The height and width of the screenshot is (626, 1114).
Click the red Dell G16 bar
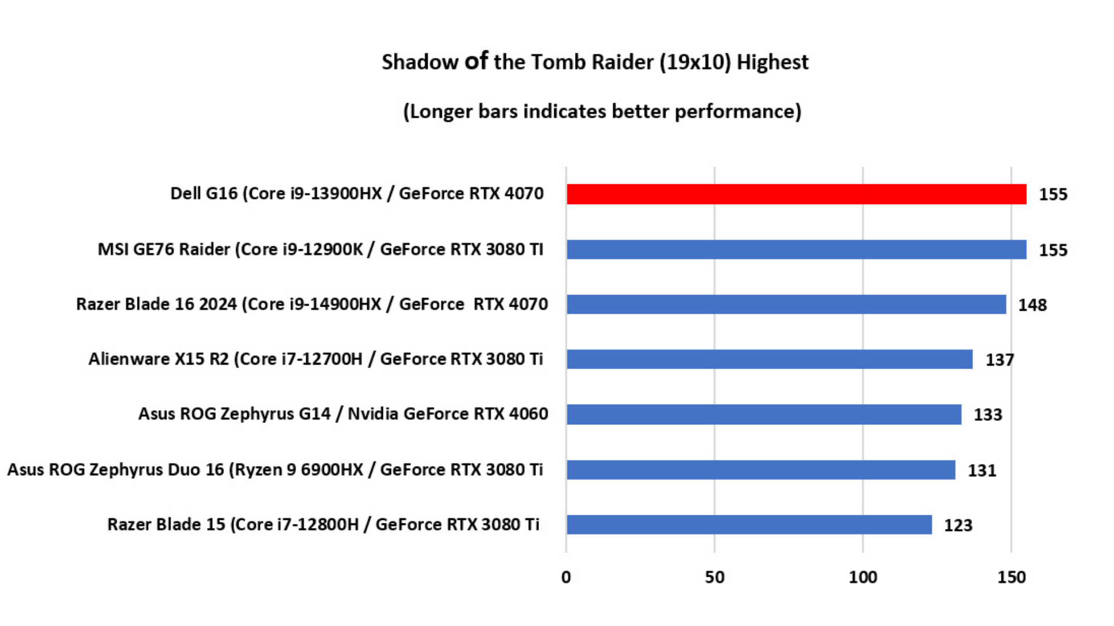pos(796,194)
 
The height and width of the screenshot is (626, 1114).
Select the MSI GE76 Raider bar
pos(796,249)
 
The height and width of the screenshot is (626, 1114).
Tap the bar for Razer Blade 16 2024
pos(786,304)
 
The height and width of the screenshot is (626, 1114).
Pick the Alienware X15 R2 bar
pos(769,359)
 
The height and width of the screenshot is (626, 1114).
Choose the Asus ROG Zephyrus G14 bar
pos(764,414)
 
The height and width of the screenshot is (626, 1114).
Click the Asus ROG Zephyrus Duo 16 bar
pos(761,469)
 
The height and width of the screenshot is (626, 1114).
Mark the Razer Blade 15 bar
pos(749,525)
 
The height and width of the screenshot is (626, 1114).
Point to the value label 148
pos(1032,305)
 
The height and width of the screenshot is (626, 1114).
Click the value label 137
pos(999,360)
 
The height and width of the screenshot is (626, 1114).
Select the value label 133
pos(988,415)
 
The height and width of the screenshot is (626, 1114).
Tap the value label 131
pos(982,470)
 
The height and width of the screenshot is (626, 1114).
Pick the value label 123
pos(958,525)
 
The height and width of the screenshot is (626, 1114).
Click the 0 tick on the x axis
pos(566,577)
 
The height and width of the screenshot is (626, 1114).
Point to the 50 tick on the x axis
pos(714,577)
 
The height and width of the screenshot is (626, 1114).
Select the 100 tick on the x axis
pos(863,577)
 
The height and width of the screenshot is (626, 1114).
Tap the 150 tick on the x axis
pos(1011,577)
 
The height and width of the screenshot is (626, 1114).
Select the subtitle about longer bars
pos(602,111)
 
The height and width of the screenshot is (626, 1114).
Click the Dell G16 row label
pos(357,194)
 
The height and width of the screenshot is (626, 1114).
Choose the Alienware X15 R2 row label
pos(316,359)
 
